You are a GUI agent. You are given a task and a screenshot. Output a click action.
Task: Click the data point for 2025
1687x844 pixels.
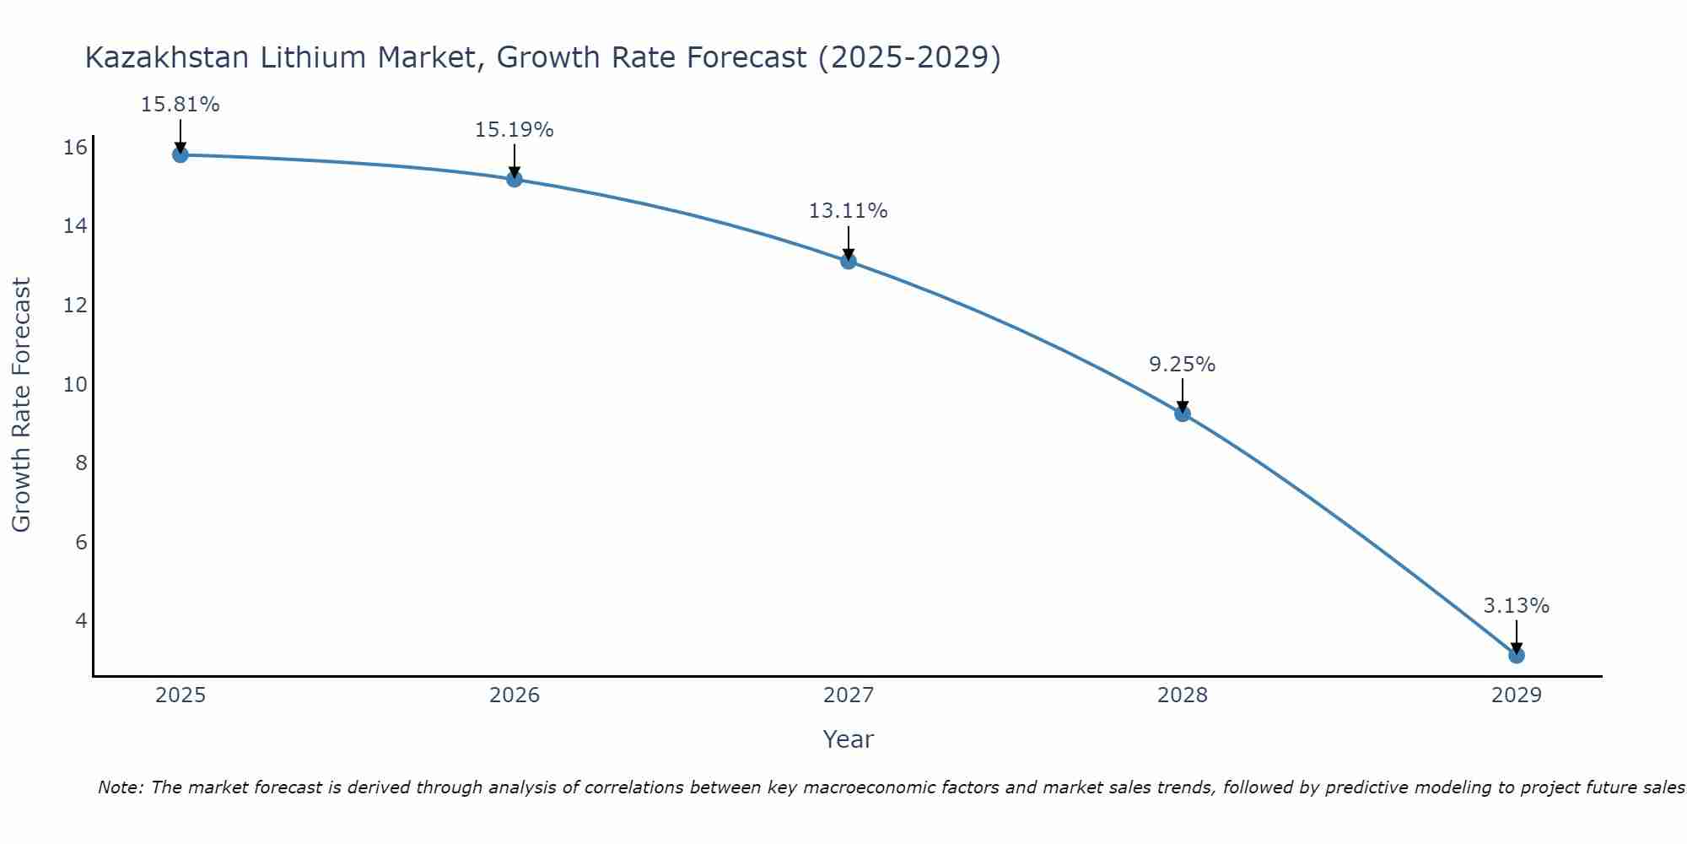point(180,154)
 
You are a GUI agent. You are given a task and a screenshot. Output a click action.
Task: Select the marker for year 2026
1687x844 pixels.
point(515,179)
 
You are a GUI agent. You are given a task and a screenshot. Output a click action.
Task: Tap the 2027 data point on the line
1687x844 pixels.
point(849,261)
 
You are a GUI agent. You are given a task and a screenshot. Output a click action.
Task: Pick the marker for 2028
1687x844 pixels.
point(1183,414)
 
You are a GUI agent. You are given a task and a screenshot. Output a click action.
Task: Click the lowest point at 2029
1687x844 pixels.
point(1517,655)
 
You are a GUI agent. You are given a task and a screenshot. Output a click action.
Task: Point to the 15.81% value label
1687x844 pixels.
point(180,105)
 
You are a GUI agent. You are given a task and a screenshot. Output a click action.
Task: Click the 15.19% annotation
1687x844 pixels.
point(514,130)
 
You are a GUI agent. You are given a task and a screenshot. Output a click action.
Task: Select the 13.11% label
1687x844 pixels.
point(848,211)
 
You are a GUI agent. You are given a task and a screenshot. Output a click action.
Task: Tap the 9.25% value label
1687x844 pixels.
point(1182,365)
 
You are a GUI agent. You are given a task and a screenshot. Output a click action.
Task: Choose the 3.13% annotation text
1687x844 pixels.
point(1516,606)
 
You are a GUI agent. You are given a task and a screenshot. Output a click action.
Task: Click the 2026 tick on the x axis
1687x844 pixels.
point(515,695)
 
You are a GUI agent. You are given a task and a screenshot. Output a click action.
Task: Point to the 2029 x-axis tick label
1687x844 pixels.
point(1517,695)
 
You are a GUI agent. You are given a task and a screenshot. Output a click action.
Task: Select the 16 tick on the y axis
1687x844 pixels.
point(75,148)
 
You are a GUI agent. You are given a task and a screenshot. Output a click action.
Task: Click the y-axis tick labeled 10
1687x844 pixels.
point(75,385)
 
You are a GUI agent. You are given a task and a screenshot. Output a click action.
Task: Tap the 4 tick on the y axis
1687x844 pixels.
point(81,621)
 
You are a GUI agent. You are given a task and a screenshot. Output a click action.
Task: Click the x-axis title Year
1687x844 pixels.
point(848,739)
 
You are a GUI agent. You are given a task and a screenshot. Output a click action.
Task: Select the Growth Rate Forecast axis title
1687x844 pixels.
point(21,405)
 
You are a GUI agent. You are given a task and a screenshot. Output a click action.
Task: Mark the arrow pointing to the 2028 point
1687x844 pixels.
point(1183,395)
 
